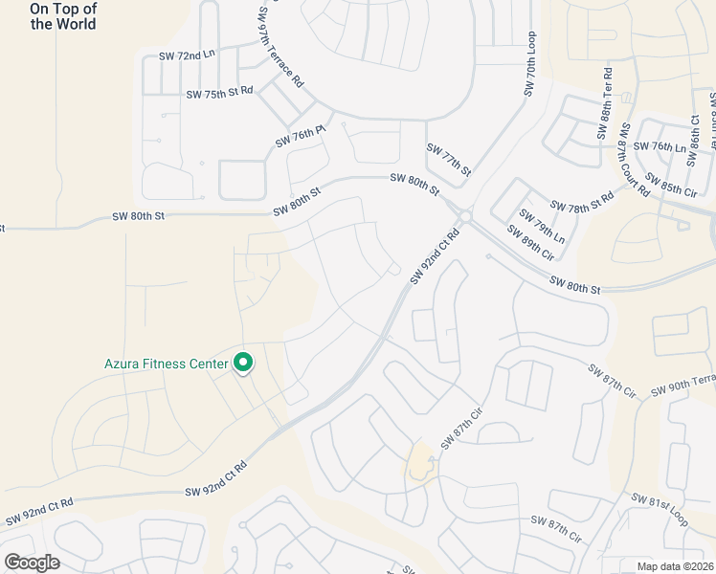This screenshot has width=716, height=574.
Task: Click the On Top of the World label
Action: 63,16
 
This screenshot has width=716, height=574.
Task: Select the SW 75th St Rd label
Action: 219,94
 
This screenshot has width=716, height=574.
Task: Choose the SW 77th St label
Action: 449,159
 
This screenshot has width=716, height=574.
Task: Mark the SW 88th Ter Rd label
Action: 606,102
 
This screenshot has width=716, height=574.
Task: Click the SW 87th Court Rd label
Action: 633,159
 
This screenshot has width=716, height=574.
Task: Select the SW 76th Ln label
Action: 668,147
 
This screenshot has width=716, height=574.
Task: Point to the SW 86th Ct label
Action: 696,132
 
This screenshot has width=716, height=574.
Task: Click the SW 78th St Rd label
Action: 582,206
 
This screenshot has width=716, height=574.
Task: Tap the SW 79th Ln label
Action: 542,226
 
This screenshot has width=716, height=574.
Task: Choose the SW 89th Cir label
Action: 530,243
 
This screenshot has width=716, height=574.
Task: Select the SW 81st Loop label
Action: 660,510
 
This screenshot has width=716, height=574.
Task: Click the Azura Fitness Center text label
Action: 167,364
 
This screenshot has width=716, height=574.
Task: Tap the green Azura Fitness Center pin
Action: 243,363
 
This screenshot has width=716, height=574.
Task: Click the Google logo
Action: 32,563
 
